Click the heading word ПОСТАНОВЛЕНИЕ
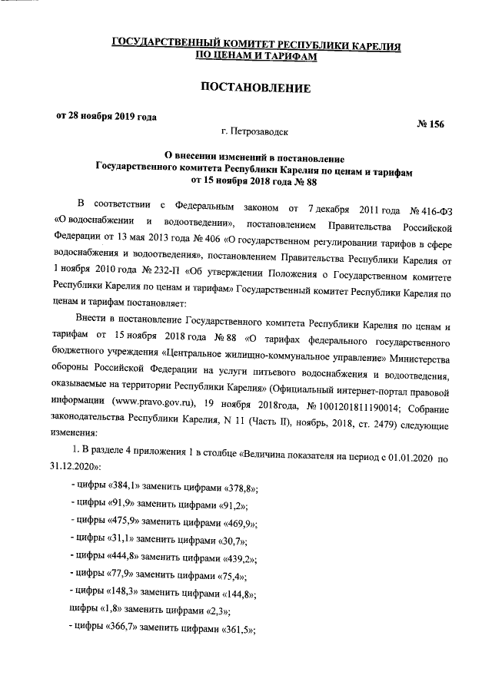pos(255,89)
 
